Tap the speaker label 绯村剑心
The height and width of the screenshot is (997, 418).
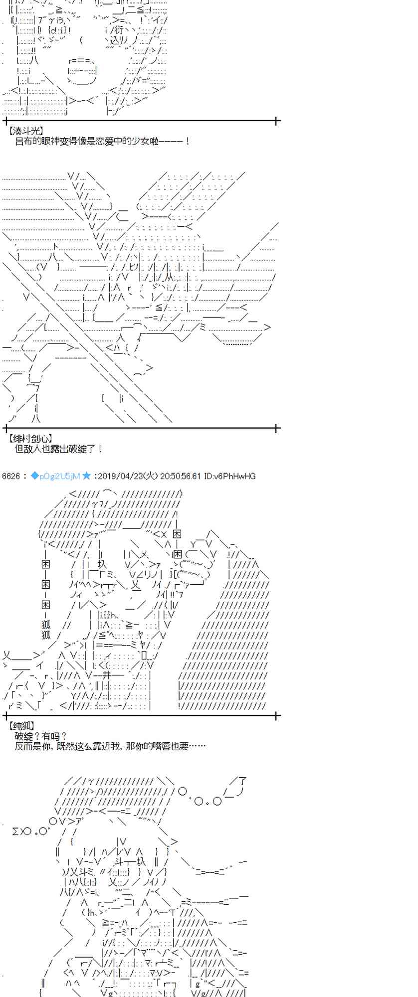[x=30, y=439]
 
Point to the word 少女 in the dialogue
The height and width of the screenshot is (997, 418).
[x=136, y=142]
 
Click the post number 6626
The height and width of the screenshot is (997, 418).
[x=10, y=476]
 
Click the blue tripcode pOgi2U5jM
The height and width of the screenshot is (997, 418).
[x=55, y=476]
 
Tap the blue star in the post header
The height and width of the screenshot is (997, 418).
[x=86, y=476]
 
